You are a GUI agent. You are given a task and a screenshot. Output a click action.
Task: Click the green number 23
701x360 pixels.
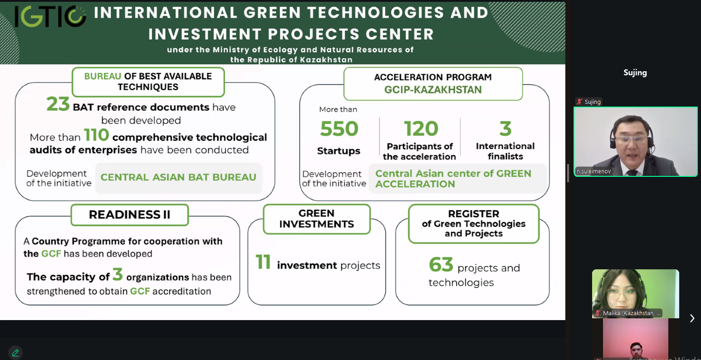[58, 104]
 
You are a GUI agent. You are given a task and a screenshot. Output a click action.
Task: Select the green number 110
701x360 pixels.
[96, 135]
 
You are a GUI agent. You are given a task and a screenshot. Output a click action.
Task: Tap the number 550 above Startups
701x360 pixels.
[339, 129]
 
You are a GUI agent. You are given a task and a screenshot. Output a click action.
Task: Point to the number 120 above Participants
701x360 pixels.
[421, 129]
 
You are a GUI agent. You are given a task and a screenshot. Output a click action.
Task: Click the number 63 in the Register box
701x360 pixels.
[441, 265]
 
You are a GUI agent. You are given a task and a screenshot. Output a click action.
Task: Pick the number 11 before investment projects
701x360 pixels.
[263, 262]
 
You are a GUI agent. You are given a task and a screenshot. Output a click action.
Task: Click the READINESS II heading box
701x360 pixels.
[130, 215]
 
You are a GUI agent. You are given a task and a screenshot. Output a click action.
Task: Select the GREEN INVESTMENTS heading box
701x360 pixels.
[317, 219]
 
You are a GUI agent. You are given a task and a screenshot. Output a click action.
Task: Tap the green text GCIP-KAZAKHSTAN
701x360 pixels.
[433, 90]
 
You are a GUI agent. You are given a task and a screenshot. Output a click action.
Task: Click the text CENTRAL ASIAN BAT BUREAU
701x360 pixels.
[178, 177]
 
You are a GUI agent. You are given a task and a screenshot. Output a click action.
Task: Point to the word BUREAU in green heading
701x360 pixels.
[103, 76]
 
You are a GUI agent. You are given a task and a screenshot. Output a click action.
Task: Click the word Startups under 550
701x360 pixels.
[338, 151]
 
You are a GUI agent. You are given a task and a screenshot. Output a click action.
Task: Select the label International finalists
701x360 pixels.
[505, 151]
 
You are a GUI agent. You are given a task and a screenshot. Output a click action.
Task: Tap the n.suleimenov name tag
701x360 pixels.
[593, 171]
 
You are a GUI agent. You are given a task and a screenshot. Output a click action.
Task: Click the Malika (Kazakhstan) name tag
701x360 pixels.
[628, 313]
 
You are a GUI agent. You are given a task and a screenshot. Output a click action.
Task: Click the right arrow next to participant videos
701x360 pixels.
[692, 318]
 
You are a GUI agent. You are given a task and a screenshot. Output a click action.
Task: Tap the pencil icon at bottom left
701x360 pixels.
[15, 353]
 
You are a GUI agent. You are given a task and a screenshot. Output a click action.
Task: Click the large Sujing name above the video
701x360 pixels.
[635, 73]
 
